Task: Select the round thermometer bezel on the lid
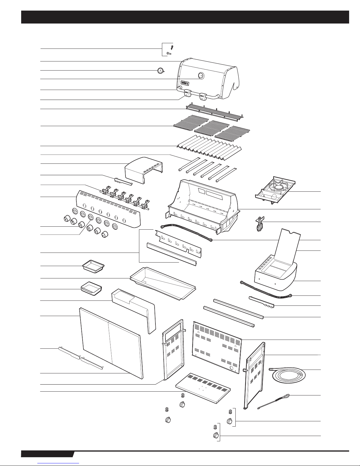click(x=201, y=76)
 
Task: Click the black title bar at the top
click(x=185, y=17)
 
